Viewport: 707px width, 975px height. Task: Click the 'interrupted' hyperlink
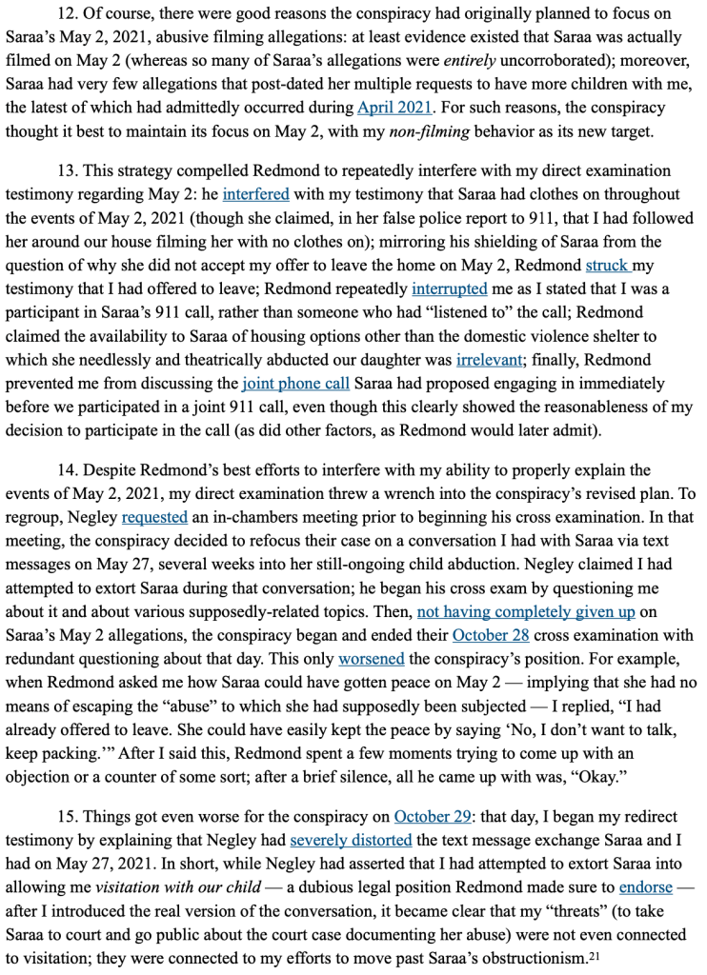(x=449, y=289)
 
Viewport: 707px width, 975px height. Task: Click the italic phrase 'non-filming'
(x=428, y=130)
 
